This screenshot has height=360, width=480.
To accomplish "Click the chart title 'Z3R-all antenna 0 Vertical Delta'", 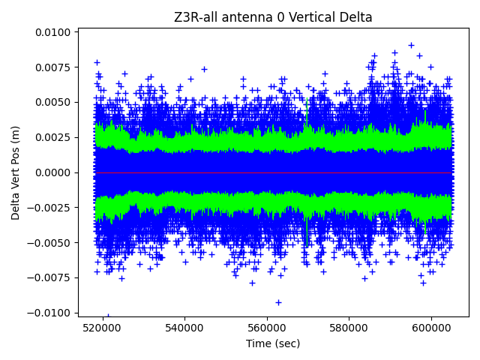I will pos(273,17).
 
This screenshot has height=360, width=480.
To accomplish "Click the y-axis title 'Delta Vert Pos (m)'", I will pos(16,172).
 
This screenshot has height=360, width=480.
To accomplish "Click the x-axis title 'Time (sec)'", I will pos(273,343).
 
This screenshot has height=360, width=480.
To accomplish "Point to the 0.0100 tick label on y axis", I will pos(52,32).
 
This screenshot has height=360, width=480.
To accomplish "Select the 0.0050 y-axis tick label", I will pos(52,102).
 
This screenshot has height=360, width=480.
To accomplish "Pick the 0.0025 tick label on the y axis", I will pos(52,137).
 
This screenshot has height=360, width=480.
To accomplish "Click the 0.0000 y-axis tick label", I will pos(52,172).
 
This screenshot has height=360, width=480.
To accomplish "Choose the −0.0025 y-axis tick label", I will pos(49,208).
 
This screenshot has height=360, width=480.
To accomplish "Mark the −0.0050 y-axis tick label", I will pos(49,243).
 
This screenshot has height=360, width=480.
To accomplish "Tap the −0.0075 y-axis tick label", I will pos(49,277).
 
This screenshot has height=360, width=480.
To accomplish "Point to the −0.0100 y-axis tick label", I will pos(49,313).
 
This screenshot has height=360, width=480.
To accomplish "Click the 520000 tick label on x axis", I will pos(102,328).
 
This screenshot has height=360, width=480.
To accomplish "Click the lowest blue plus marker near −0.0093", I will pos(278,302).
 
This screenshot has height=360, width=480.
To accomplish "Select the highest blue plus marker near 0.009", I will pos(411,45).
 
